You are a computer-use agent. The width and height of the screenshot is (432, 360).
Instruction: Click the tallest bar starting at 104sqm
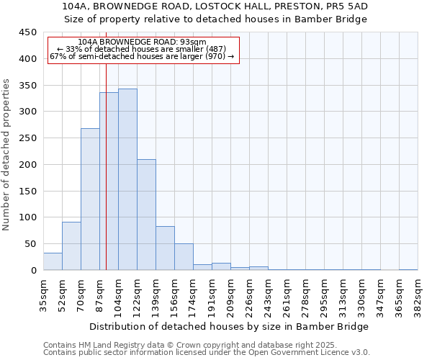127,179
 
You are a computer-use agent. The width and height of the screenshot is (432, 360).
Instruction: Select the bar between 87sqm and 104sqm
109,181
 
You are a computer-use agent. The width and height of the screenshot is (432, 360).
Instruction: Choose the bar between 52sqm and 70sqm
71,246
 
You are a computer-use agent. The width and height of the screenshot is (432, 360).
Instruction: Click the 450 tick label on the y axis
27,32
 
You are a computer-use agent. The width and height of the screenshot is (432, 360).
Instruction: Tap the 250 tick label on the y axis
27,138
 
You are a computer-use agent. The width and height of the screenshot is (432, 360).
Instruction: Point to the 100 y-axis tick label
27,217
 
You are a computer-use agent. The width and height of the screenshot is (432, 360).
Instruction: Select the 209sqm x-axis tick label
230,294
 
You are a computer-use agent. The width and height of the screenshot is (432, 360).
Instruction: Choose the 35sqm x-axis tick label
43,294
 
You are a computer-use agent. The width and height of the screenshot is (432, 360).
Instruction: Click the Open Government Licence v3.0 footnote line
207,353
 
